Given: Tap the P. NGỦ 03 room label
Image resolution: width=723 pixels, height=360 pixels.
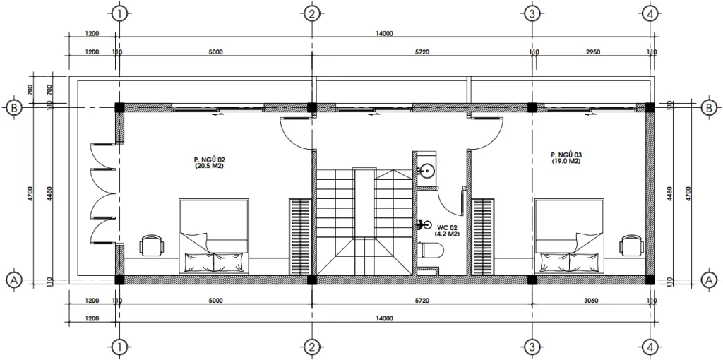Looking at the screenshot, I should pyautogui.click(x=567, y=157).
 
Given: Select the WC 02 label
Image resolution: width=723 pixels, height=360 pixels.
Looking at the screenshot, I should pyautogui.click(x=447, y=230).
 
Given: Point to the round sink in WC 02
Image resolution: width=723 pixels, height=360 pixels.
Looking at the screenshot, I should pyautogui.click(x=426, y=171).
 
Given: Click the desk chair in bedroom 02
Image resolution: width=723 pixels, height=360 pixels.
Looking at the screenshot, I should pyautogui.click(x=150, y=246).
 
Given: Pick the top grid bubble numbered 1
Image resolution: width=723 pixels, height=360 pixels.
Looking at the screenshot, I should pyautogui.click(x=120, y=14).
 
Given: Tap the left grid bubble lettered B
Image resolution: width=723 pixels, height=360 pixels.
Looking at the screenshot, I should pyautogui.click(x=13, y=108).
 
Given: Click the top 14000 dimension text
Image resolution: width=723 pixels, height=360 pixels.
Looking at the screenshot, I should pyautogui.click(x=385, y=33).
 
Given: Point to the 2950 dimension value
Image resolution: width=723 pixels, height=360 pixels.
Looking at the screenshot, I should pyautogui.click(x=592, y=52).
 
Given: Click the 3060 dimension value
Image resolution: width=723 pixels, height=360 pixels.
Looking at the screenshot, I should pyautogui.click(x=591, y=301).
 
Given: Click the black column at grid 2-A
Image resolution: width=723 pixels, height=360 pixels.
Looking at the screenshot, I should pyautogui.click(x=311, y=279).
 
